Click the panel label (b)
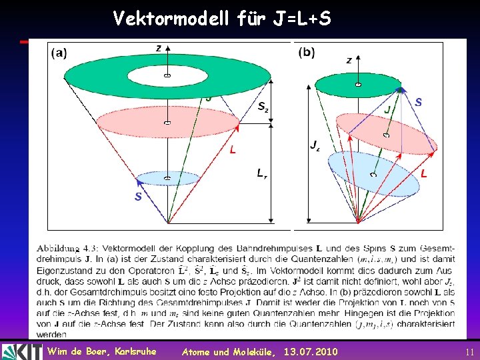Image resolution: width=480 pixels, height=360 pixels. click(307, 51)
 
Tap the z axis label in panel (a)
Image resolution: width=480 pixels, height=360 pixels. click(158, 48)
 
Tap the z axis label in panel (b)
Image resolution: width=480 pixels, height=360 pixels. click(349, 60)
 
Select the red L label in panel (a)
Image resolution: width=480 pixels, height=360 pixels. click(233, 151)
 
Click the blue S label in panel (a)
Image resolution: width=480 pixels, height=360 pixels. click(137, 197)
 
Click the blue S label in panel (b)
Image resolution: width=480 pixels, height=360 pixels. click(418, 102)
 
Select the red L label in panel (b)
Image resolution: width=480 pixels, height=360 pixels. click(423, 173)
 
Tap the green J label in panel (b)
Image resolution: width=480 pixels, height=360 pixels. click(387, 108)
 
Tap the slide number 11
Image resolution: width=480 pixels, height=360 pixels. click(469, 351)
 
